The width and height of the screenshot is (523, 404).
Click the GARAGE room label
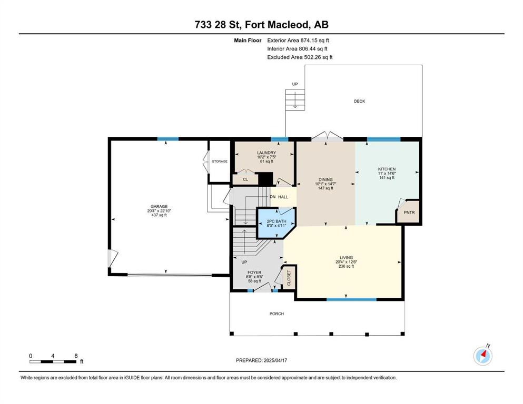[x=159, y=207]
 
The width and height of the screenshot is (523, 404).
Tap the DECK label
[x=360, y=101]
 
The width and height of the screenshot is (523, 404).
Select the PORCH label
[x=277, y=314]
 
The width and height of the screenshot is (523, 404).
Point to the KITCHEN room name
[x=387, y=169]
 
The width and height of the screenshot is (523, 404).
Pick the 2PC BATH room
[x=276, y=223]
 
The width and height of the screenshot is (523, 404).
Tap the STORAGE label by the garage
[x=220, y=161]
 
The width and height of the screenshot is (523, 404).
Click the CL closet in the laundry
[x=245, y=179]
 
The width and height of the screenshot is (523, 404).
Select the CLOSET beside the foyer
[x=289, y=277]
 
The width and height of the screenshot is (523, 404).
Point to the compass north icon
[x=483, y=356]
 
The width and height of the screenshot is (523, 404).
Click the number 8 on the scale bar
[x=76, y=356]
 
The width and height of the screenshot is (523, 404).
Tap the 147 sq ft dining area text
[x=325, y=188]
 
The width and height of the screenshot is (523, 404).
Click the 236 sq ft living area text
[x=346, y=266]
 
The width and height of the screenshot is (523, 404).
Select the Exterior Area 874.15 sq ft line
[x=298, y=41]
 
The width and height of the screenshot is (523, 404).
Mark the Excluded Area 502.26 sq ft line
[x=300, y=57]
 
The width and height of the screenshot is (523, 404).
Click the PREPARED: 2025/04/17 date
[x=261, y=360]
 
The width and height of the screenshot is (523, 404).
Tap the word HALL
[x=283, y=197]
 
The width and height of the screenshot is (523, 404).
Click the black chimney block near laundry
[x=266, y=178]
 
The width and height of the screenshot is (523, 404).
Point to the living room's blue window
[x=351, y=299]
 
